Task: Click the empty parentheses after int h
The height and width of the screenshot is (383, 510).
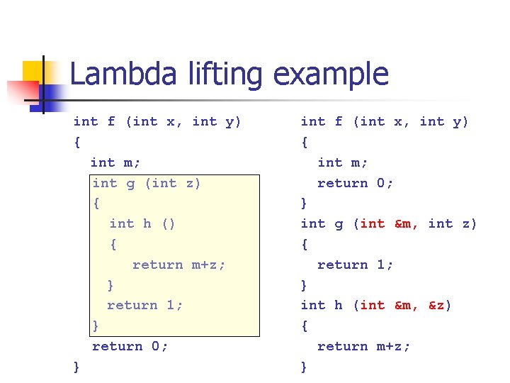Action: (x=168, y=223)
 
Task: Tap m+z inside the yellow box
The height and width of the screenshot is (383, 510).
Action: (x=208, y=265)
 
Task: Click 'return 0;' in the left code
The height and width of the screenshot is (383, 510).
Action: (x=130, y=346)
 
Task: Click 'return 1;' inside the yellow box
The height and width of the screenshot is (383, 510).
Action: (x=144, y=305)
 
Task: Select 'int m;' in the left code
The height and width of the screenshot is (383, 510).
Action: (x=115, y=162)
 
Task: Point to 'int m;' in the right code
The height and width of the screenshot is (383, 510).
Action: (x=343, y=162)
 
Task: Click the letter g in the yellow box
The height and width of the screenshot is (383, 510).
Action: (x=130, y=183)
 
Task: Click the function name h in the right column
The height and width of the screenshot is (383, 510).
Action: (x=339, y=305)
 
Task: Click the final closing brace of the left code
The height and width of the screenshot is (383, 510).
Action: (x=76, y=367)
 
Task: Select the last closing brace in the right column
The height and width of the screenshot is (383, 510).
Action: (x=305, y=367)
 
